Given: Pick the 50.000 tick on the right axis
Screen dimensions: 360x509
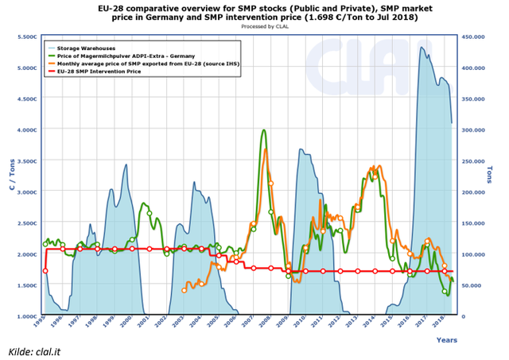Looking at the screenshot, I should coord(471,285).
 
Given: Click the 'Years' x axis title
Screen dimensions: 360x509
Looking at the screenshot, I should coord(446,339).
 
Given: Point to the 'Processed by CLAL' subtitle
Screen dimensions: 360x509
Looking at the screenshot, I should coord(254,26).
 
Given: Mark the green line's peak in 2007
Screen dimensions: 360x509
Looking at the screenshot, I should coord(262,130).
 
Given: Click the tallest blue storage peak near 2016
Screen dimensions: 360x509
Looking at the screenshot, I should coord(422,47).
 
